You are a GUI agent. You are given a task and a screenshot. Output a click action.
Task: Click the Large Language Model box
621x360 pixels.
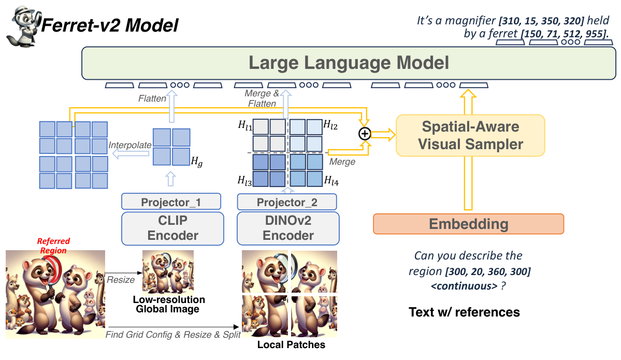point(348,63)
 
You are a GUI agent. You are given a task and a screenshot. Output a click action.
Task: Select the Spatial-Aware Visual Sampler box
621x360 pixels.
point(470,135)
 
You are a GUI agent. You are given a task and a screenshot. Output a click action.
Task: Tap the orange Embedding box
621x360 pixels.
point(468,224)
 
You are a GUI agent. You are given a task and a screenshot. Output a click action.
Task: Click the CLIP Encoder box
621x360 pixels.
point(173,227)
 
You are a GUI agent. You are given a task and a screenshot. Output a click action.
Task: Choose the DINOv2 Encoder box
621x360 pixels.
point(288,227)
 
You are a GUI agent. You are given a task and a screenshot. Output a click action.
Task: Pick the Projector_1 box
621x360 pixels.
point(171,201)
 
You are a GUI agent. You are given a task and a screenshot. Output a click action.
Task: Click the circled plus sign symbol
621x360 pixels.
point(365,134)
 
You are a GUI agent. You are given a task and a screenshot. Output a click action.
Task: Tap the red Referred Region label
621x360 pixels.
point(53,246)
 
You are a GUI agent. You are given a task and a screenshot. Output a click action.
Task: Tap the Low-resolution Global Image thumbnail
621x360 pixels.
point(168,271)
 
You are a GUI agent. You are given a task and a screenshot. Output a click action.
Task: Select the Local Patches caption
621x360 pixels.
point(291,344)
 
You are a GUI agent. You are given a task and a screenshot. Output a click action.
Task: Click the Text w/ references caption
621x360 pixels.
point(464,312)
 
